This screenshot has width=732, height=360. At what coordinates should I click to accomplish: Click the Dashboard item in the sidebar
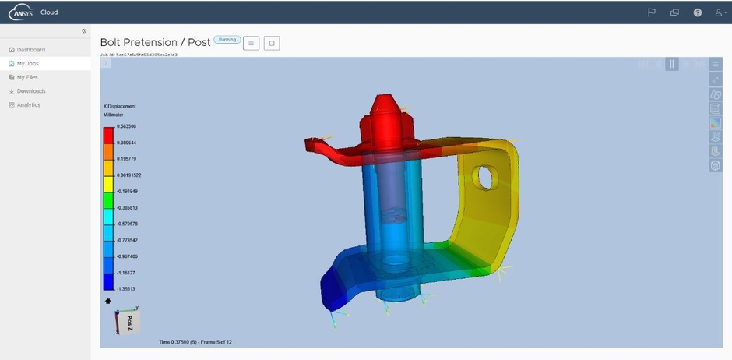pos(30,50)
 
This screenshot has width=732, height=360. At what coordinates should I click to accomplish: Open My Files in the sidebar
pos(27,77)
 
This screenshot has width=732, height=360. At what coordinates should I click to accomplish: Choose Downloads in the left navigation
pos(31,91)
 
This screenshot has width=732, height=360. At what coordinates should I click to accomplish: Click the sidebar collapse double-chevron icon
pos(84,30)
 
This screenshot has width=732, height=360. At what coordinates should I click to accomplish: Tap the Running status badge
pos(227,40)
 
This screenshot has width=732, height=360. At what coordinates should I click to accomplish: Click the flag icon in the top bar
pos(652,12)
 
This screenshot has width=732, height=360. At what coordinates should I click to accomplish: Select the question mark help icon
pos(698,12)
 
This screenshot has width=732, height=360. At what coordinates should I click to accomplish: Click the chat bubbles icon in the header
pos(674,12)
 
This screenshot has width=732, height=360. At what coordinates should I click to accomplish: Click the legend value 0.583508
pos(127,126)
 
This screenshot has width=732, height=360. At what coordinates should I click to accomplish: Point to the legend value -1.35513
pos(127,288)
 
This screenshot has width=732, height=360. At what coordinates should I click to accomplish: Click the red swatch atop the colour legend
pos(108,134)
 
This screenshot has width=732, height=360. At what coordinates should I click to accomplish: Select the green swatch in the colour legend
pos(108,200)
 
